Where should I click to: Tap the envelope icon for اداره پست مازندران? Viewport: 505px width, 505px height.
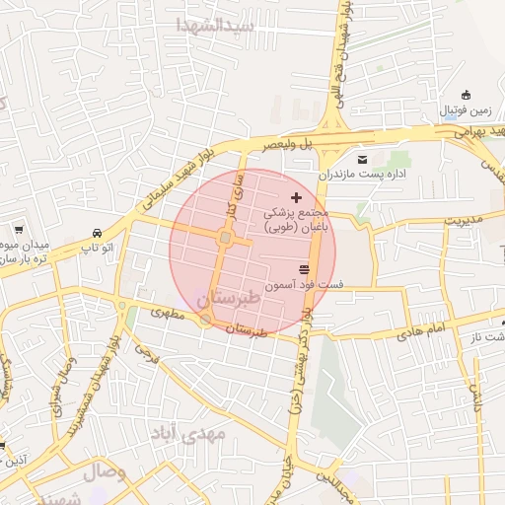coord(363,159)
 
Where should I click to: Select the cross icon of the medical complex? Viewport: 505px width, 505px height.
coord(297,198)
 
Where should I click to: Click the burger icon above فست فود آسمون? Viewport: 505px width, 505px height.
coord(304,269)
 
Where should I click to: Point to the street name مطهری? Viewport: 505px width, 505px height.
coord(168,314)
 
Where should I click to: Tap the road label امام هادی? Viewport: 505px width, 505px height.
coord(422,331)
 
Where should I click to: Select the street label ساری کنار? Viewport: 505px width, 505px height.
coord(236,189)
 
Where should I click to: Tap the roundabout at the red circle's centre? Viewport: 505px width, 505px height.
coord(226,238)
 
